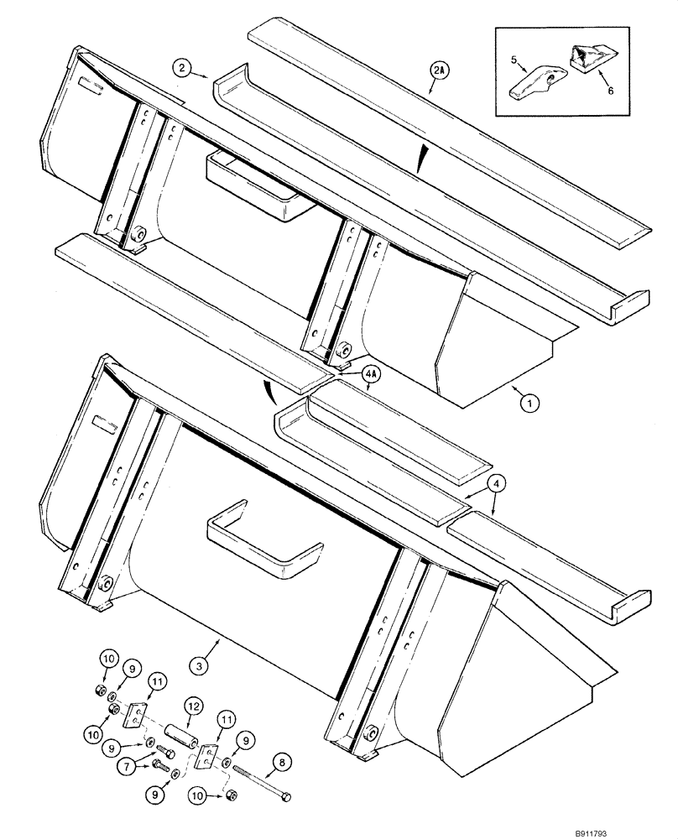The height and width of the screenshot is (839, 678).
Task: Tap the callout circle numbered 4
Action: [x=496, y=483]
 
